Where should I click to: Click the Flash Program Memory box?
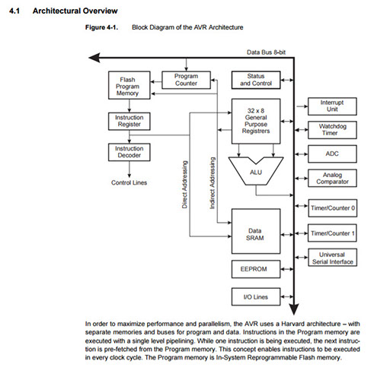129,85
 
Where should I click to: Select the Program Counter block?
186,80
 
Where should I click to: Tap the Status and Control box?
256,80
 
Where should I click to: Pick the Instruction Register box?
129,122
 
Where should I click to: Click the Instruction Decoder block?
129,152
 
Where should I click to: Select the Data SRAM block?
256,231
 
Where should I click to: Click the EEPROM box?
256,269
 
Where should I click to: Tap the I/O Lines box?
256,296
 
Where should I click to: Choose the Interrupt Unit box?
332,106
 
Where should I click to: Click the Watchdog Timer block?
332,130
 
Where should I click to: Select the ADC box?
332,154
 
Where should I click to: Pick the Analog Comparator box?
332,179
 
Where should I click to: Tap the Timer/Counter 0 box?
333,208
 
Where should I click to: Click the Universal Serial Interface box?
333,258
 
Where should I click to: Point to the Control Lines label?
129,182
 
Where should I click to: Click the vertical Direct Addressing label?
184,185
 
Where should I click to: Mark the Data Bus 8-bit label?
266,52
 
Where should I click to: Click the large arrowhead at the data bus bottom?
294,309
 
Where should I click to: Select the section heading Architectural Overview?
75,11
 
